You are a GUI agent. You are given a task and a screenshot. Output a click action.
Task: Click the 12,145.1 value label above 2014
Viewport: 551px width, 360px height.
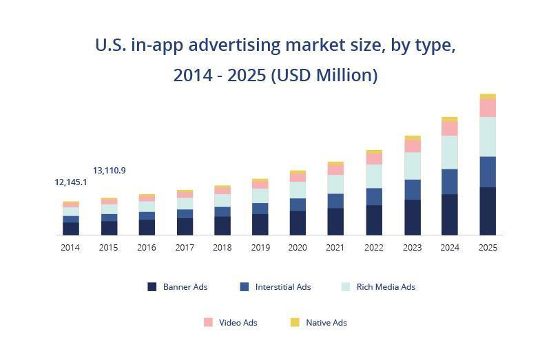[x=71, y=182]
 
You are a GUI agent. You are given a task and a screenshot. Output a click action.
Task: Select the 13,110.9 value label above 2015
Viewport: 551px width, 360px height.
[x=110, y=171]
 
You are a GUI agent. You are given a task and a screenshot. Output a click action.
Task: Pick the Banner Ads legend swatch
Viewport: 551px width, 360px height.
[x=152, y=287]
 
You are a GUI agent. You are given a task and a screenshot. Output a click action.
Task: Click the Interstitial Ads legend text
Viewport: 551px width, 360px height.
[x=283, y=287]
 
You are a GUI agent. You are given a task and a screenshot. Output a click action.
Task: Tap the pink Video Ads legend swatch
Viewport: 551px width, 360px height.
[x=208, y=322]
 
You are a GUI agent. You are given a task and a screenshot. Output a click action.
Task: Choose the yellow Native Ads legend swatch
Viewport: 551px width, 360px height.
[x=295, y=322]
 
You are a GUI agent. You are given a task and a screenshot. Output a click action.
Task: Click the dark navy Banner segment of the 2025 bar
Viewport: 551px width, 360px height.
[x=488, y=211]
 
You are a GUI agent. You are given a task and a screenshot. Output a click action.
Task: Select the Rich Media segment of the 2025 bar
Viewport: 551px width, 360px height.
[x=488, y=136]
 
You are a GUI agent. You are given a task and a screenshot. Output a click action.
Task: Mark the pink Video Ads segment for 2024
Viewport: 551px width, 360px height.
[x=450, y=129]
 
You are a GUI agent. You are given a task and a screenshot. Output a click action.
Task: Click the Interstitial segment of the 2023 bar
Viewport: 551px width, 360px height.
[x=412, y=189]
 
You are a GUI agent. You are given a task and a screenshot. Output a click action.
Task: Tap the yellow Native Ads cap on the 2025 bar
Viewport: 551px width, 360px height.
[x=488, y=96]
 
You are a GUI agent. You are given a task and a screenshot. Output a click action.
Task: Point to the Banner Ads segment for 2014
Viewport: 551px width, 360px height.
[x=71, y=229]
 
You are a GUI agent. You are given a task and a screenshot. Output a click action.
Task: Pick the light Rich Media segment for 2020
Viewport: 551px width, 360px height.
[x=298, y=190]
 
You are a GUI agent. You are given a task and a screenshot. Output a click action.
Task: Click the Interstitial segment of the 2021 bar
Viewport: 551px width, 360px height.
[x=335, y=200]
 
